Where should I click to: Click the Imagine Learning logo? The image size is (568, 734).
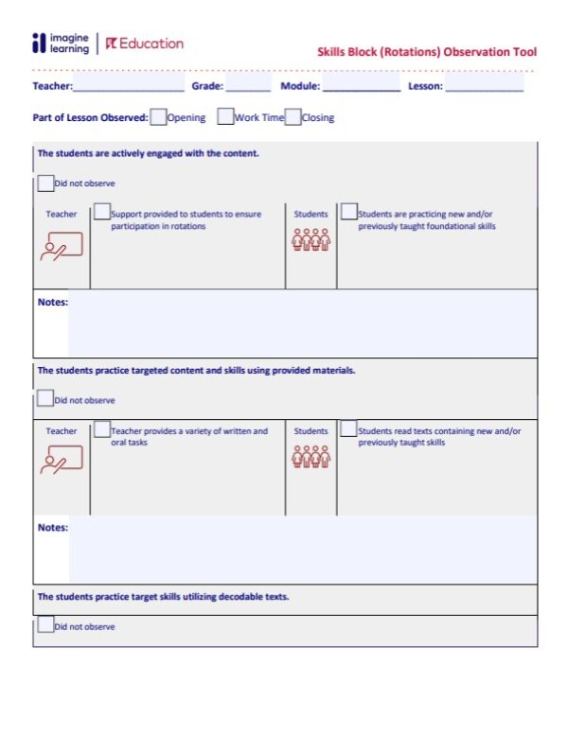[61, 44]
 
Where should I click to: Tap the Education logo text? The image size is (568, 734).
[145, 44]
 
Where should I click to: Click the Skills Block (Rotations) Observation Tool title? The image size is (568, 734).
[426, 52]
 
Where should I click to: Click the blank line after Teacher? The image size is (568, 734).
[128, 88]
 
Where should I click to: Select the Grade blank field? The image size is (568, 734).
[247, 88]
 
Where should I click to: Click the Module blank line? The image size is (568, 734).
[361, 88]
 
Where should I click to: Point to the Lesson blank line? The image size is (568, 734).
[484, 88]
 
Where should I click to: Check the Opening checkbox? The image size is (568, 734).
[158, 117]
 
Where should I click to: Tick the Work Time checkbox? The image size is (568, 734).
[225, 117]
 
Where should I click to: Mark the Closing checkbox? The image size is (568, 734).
[293, 117]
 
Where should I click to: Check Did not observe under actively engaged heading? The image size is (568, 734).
[45, 183]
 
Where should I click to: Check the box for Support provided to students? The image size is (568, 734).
[102, 213]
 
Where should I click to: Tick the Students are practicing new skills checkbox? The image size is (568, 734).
[349, 213]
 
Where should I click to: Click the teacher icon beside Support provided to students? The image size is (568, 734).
[62, 246]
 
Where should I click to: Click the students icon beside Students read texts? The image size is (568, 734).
[311, 456]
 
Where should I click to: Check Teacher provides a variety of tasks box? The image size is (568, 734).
[102, 430]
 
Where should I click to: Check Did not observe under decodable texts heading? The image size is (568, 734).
[45, 625]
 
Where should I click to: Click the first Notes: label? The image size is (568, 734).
[52, 302]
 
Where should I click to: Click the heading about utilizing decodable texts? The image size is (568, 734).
[163, 597]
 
